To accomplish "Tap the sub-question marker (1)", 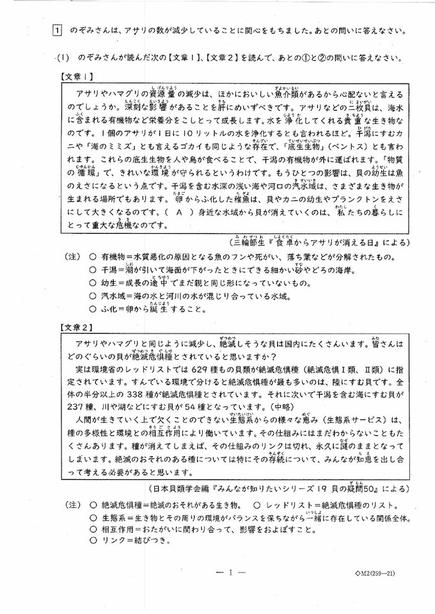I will click(63, 57).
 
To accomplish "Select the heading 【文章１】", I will click(77, 76).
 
